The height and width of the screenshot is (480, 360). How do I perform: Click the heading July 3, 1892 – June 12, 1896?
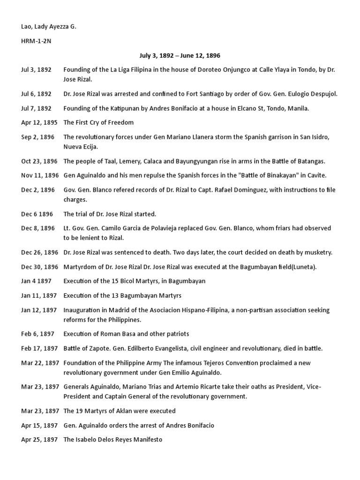click(180, 55)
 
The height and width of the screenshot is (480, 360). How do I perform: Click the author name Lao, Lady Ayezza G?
click(48, 27)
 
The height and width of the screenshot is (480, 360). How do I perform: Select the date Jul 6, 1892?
click(36, 94)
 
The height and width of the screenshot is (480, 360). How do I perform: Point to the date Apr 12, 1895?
click(39, 122)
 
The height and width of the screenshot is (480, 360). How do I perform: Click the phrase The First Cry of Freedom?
click(98, 122)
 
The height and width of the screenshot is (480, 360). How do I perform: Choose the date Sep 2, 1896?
click(37, 137)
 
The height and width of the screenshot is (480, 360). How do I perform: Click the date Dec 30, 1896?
click(40, 267)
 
